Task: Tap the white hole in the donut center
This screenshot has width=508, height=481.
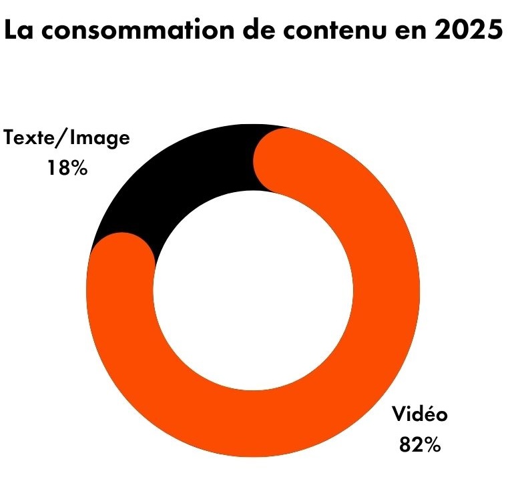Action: (253, 290)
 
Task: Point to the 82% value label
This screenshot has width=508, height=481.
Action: (419, 444)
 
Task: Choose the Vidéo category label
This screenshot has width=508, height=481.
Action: (419, 414)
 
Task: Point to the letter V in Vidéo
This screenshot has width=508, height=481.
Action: (398, 414)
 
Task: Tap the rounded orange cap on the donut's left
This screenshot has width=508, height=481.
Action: (121, 264)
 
